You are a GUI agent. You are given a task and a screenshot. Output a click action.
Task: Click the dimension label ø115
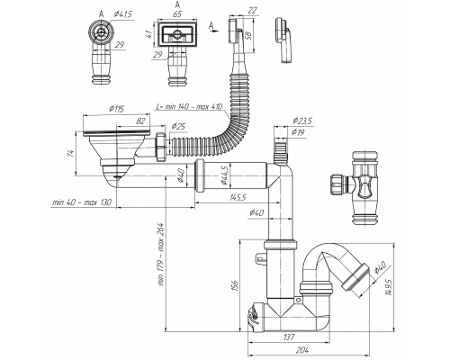click(117, 109)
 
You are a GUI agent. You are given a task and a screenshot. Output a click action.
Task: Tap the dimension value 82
click(140, 121)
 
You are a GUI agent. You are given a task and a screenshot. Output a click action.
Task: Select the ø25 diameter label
click(178, 127)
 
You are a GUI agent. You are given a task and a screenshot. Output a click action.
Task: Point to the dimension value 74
click(71, 153)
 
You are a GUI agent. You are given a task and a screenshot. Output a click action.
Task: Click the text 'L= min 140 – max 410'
click(189, 106)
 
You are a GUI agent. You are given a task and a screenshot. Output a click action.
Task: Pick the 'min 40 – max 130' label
click(82, 202)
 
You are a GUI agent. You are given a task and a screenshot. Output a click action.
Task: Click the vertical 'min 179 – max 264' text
click(161, 255)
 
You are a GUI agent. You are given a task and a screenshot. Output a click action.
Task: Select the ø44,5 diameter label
click(224, 175)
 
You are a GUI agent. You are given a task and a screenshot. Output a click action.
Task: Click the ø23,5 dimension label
click(302, 121)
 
